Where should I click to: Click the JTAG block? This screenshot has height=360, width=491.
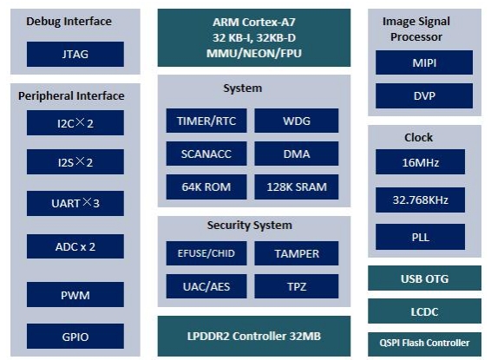[x=75, y=54]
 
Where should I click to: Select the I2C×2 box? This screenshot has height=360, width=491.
[x=75, y=122]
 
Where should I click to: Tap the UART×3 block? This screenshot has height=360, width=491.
[x=75, y=203]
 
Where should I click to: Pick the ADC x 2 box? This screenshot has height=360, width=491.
[x=75, y=246]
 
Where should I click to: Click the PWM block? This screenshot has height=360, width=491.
[x=75, y=295]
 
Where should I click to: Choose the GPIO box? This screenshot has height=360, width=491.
[x=75, y=337]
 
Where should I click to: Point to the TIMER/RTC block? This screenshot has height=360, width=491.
[x=206, y=121]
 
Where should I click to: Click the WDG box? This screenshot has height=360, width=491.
[x=296, y=121]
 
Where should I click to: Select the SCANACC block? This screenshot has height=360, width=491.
[x=206, y=154]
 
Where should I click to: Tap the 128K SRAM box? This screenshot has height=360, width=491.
[x=296, y=187]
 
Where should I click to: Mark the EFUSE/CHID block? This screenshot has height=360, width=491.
[x=206, y=253]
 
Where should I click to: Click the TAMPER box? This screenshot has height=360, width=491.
[x=296, y=253]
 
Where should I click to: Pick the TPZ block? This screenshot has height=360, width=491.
[x=296, y=286]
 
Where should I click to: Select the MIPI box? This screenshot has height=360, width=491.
[x=424, y=62]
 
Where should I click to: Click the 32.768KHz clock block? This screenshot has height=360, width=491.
[x=420, y=200]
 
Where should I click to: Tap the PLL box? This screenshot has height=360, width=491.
[x=420, y=237]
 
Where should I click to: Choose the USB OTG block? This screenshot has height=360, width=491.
[x=424, y=278]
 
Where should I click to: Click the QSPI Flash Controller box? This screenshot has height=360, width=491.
[x=424, y=344]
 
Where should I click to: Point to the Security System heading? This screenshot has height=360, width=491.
[x=250, y=226]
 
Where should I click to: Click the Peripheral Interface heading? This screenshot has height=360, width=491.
[x=71, y=95]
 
